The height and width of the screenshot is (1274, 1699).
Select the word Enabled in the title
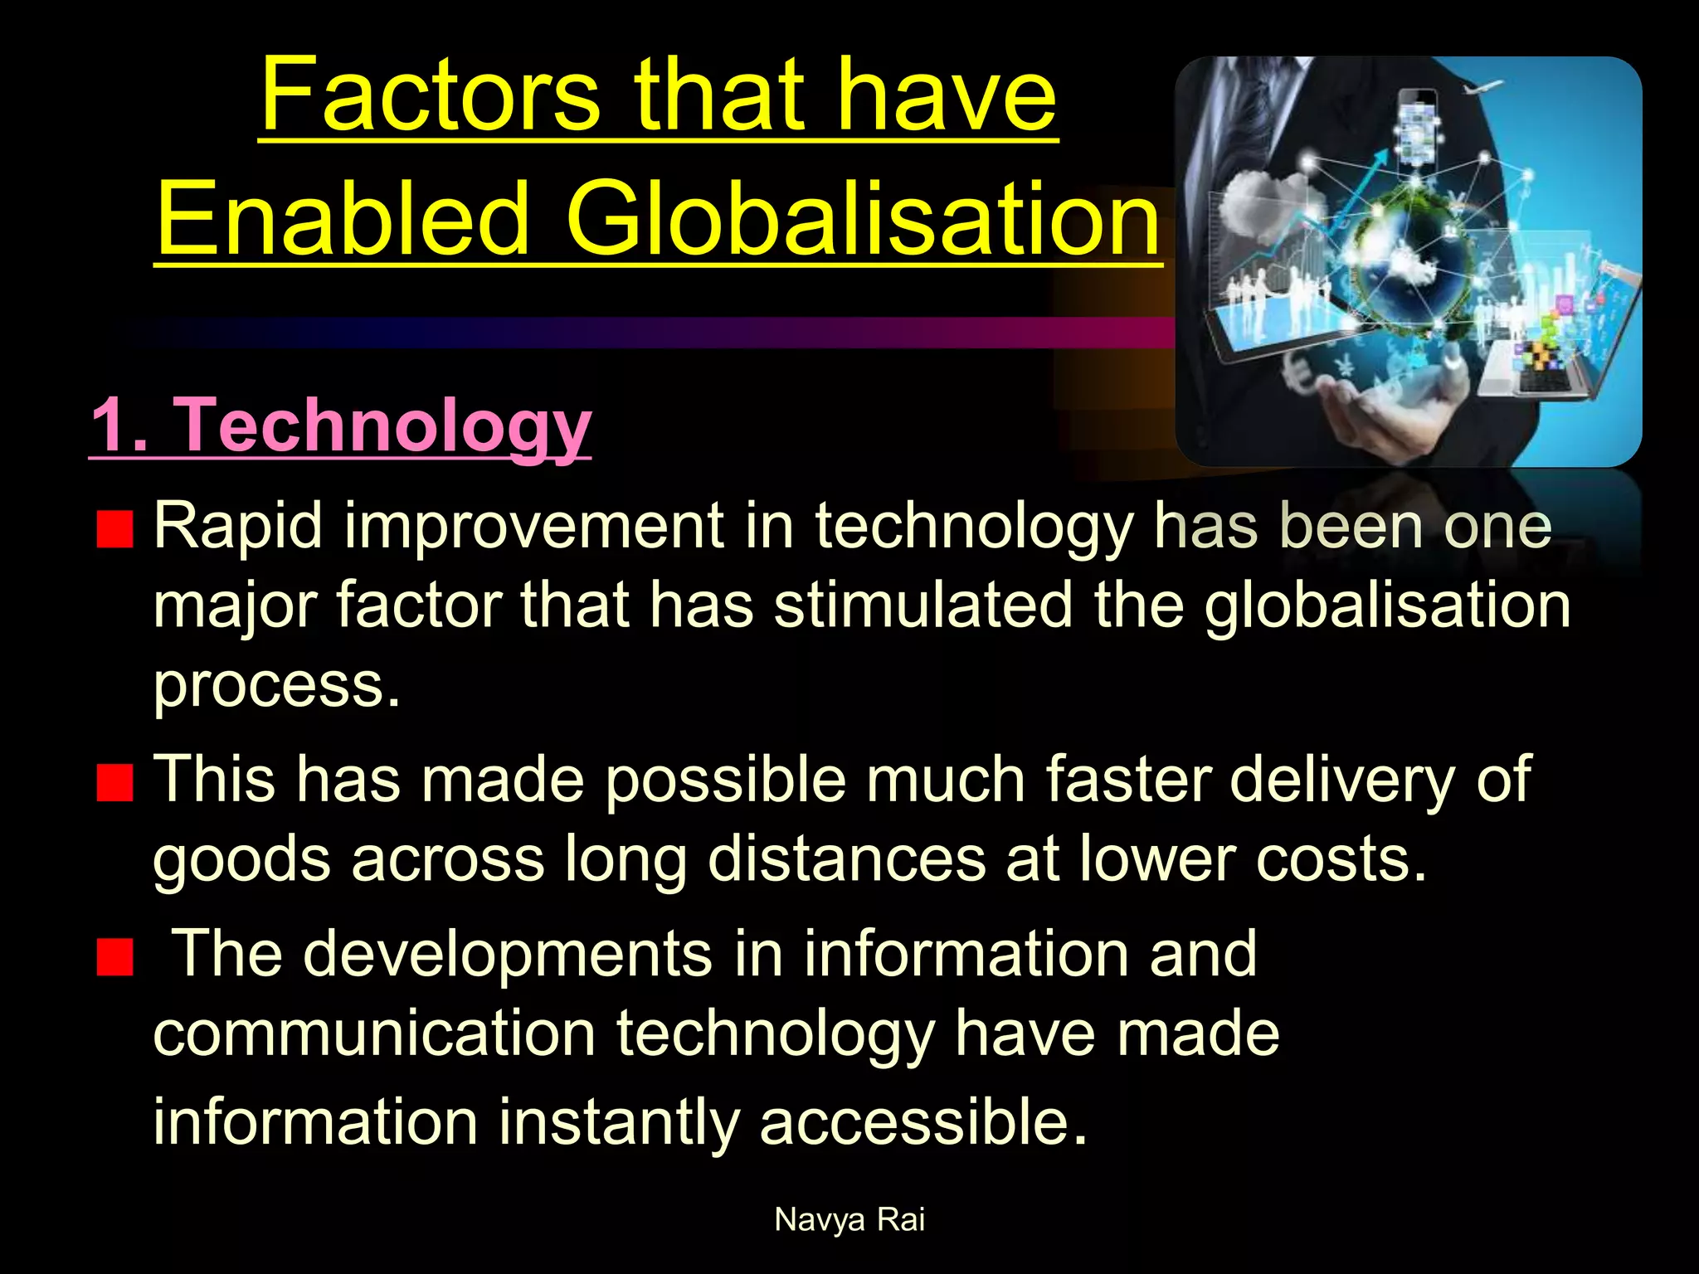point(343,219)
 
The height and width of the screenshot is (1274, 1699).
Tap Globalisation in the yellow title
point(863,219)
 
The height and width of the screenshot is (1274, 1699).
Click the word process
point(276,687)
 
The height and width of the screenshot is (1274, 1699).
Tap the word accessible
point(923,1121)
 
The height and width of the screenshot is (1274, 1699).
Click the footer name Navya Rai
point(849,1219)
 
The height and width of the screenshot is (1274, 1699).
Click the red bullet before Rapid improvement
point(114,530)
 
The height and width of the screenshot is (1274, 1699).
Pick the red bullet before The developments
point(114,957)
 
